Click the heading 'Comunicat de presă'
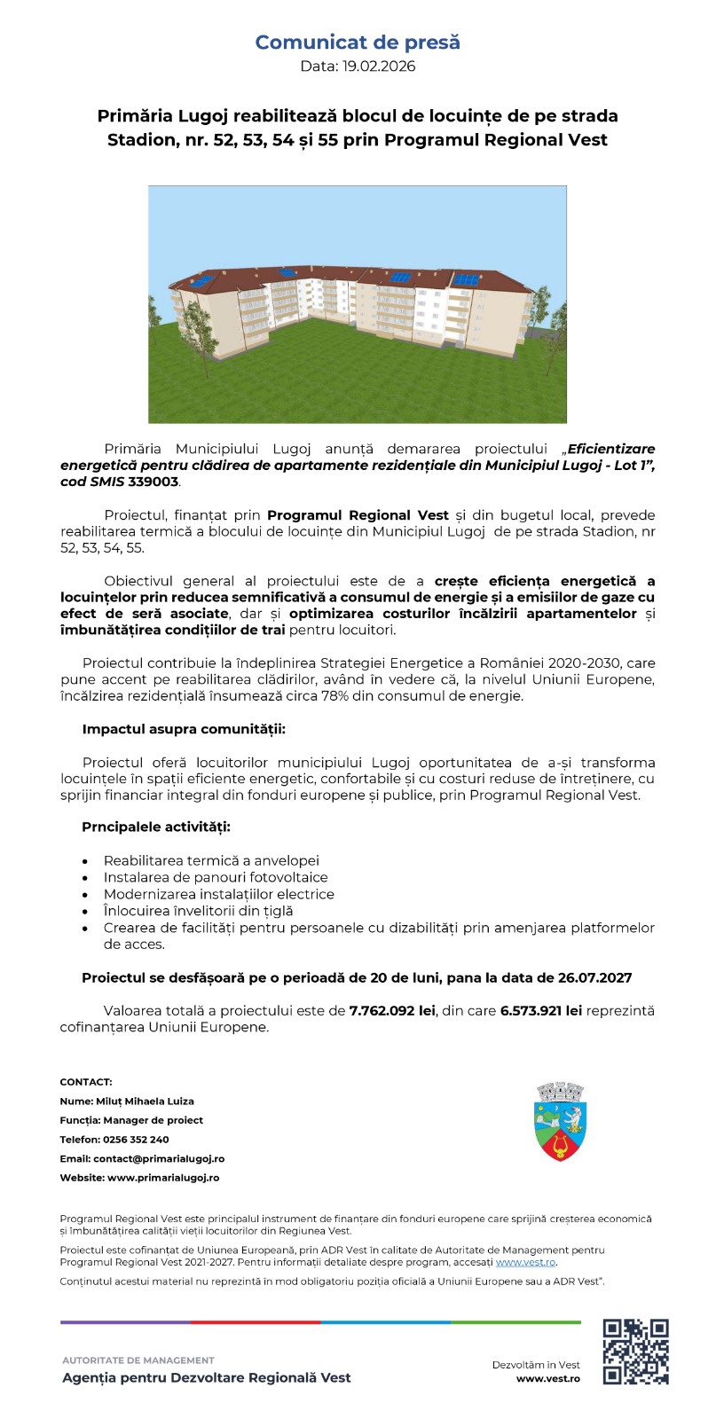click(x=358, y=43)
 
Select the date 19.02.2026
click(x=377, y=67)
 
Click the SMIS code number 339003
click(x=153, y=482)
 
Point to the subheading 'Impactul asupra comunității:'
click(x=184, y=729)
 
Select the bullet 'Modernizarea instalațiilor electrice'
click(x=219, y=894)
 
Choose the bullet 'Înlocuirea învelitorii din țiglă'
click(x=198, y=911)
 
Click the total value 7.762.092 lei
click(x=391, y=1011)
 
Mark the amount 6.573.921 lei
click(x=541, y=1011)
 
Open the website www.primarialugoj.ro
click(x=163, y=1178)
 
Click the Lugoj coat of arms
click(x=562, y=1122)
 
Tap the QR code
click(x=635, y=1352)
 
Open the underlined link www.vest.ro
click(x=525, y=1262)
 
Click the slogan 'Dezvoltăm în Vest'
click(x=536, y=1365)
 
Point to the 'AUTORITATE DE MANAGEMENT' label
click(x=138, y=1360)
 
